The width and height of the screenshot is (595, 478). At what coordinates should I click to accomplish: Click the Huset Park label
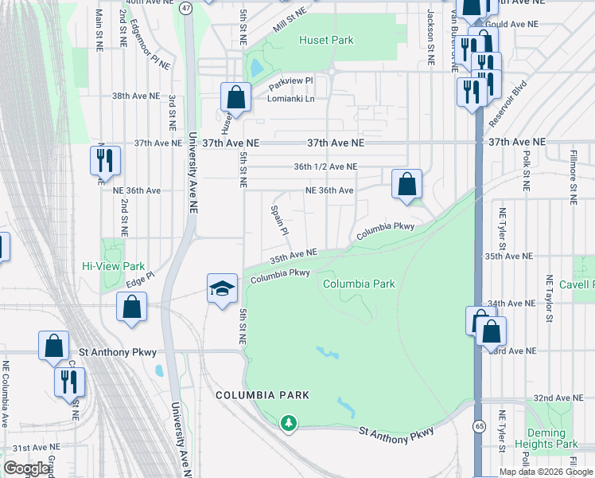[x=326, y=39]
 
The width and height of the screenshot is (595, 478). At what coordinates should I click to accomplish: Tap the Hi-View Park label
[x=114, y=266]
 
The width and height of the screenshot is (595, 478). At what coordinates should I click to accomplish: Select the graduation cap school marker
[x=223, y=288]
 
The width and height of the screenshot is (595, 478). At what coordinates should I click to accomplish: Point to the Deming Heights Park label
[x=555, y=437]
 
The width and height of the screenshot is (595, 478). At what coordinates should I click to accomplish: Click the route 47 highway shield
[x=185, y=8]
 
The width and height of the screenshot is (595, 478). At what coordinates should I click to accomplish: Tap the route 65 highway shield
[x=479, y=426]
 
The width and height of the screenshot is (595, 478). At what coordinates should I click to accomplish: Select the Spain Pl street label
[x=278, y=219]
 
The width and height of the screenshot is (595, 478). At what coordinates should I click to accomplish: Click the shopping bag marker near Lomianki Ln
[x=236, y=99]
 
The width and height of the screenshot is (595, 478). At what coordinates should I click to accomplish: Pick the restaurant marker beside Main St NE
[x=105, y=161]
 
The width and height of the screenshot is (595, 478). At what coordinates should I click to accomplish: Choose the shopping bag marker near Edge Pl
[x=131, y=308]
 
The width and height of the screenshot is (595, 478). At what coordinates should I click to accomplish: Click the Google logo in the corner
[x=26, y=468]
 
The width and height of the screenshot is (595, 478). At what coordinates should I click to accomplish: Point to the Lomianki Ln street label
[x=291, y=99]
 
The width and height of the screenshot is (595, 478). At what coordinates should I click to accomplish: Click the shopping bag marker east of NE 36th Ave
[x=406, y=184]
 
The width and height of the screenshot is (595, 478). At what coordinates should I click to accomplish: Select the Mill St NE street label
[x=289, y=14]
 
